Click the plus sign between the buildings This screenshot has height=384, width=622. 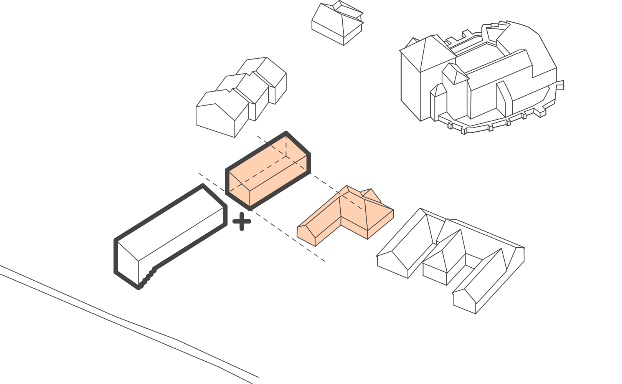pos(242,222)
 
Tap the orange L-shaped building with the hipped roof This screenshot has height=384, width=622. pos(345,215)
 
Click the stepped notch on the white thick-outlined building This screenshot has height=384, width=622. pos(148,277)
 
